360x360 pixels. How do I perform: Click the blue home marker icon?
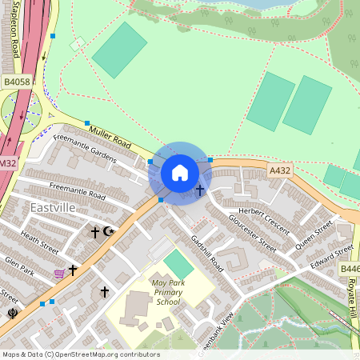[180, 173]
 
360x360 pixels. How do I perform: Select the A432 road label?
[279, 170]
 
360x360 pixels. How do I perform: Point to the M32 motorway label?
[7, 163]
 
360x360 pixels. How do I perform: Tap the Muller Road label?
[110, 141]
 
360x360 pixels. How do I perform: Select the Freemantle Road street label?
[77, 190]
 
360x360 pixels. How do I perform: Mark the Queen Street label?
[312, 234]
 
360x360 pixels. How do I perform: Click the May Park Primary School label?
[169, 292]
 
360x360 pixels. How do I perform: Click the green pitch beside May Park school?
[178, 264]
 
